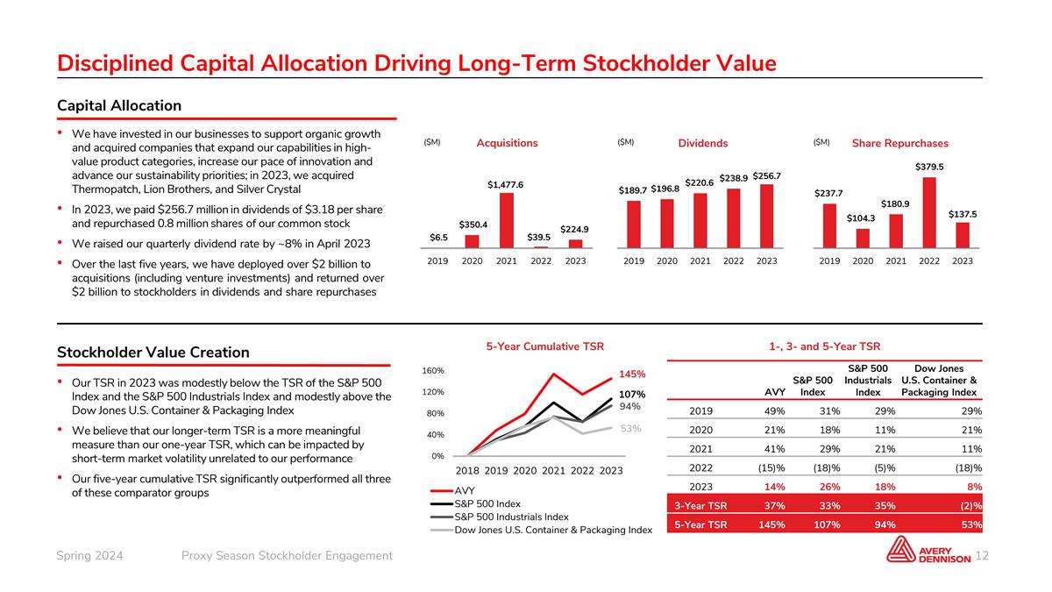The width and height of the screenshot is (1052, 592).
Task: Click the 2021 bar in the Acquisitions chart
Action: click(x=506, y=220)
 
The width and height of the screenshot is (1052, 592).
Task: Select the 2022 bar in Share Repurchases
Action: click(x=929, y=213)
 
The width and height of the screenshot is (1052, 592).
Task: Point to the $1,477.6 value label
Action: click(x=506, y=185)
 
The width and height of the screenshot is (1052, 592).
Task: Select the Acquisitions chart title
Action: click(x=507, y=143)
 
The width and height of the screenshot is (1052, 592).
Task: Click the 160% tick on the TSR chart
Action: click(x=433, y=371)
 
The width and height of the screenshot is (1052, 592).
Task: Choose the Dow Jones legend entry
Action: click(x=552, y=530)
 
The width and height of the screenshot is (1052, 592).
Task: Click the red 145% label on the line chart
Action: click(x=632, y=374)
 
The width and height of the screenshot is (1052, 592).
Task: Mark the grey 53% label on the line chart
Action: click(x=632, y=429)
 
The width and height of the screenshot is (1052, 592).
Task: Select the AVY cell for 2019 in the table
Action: click(x=773, y=410)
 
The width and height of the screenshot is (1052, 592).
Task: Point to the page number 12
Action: click(x=982, y=556)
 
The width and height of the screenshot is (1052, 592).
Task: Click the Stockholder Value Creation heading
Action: click(x=153, y=352)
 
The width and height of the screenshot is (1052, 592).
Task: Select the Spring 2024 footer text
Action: click(x=89, y=556)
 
